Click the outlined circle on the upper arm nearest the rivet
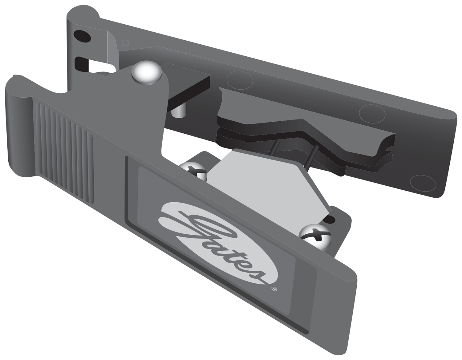240,80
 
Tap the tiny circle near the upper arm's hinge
125,42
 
